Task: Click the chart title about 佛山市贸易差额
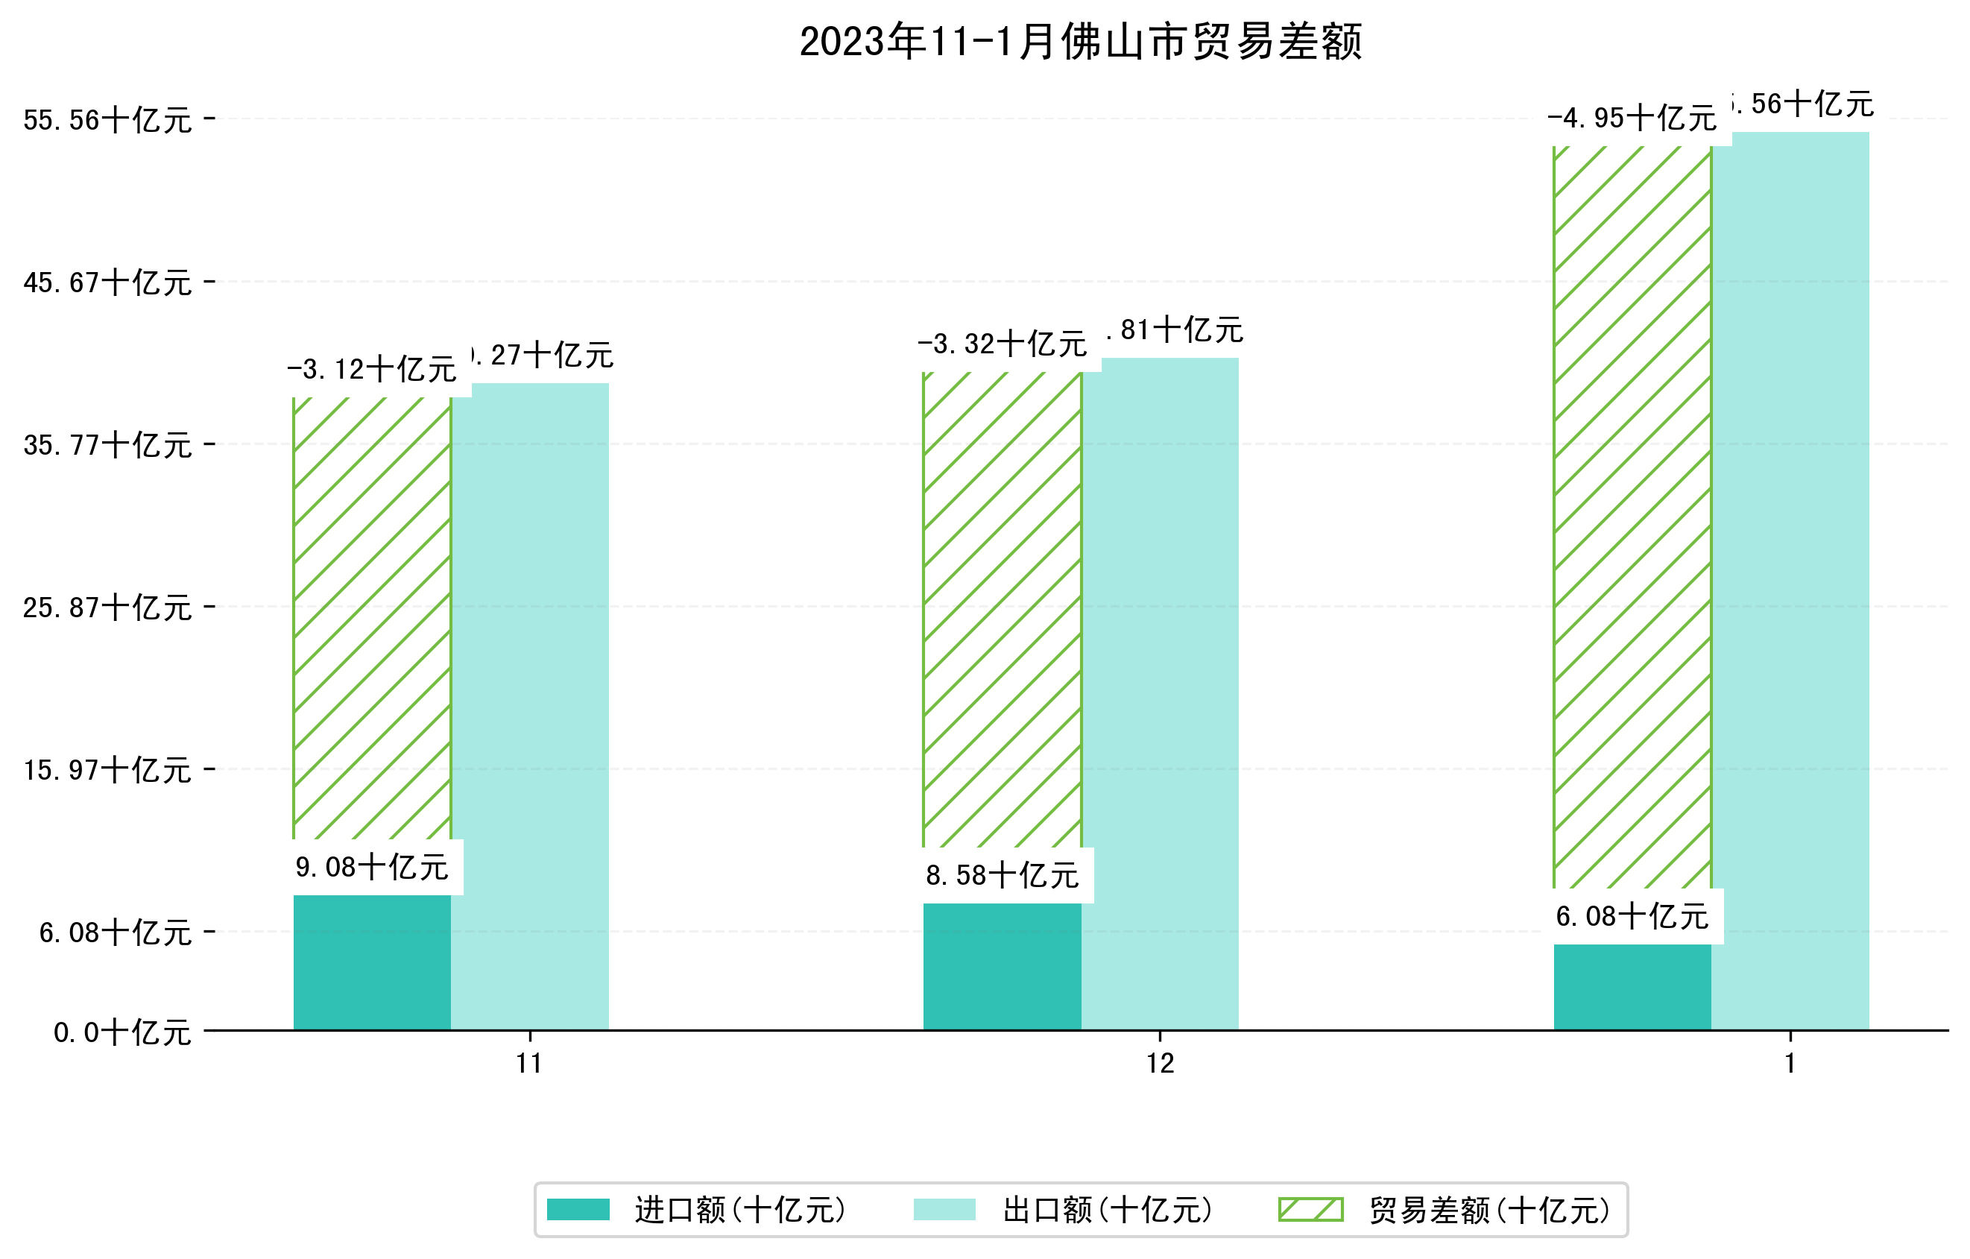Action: [x=1080, y=42]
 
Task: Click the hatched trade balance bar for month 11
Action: [x=371, y=618]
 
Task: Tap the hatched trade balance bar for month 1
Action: [x=1632, y=515]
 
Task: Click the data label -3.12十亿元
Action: [x=371, y=370]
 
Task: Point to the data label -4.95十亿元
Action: [x=1632, y=119]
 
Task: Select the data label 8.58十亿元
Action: [x=1003, y=876]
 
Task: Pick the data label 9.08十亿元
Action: [x=371, y=867]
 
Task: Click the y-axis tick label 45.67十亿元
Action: [x=107, y=283]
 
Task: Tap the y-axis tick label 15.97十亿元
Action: [x=107, y=771]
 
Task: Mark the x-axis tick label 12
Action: [x=1159, y=1064]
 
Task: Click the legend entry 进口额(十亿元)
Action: [x=740, y=1210]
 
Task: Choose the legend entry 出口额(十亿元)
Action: [x=1107, y=1210]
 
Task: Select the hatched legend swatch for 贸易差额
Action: [x=1310, y=1209]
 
